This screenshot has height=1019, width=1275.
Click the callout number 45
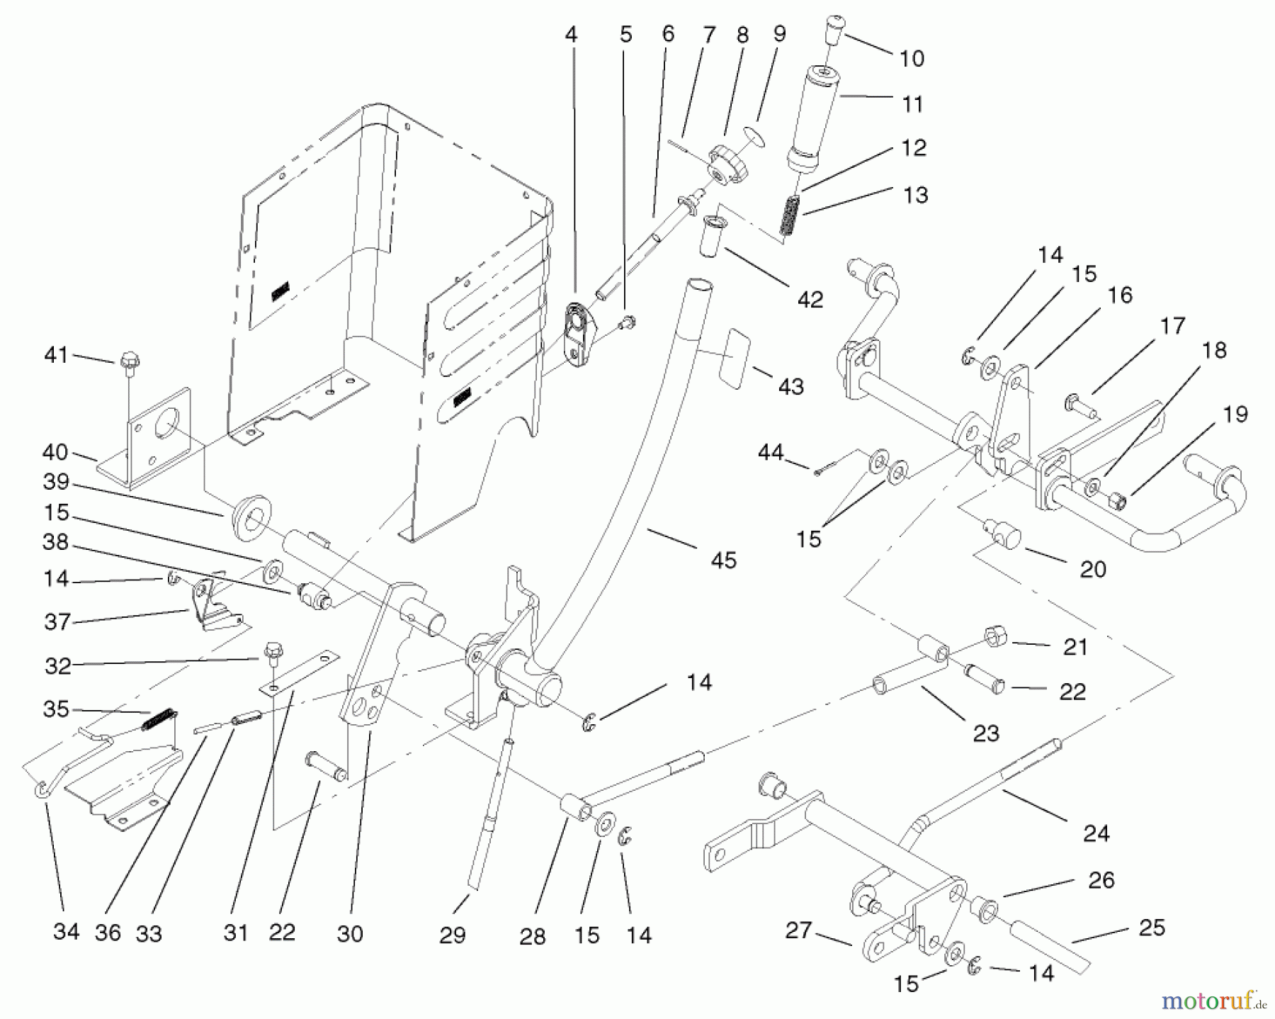click(x=723, y=560)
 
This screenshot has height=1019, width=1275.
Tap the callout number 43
click(x=790, y=386)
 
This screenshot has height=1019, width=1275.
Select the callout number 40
click(x=55, y=451)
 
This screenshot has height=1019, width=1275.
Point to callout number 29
click(x=452, y=935)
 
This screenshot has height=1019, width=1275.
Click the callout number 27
click(x=798, y=930)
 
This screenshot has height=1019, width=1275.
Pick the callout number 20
click(x=1092, y=568)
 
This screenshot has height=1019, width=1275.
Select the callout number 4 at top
click(x=571, y=35)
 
